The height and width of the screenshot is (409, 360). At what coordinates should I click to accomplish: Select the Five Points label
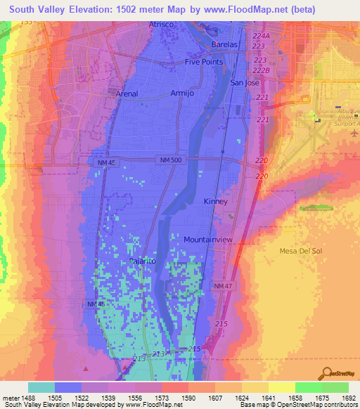(204, 62)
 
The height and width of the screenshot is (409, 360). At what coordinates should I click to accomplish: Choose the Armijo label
(181, 93)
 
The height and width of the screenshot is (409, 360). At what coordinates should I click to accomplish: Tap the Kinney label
(215, 202)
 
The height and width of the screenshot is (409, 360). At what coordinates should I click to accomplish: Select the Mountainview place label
(208, 240)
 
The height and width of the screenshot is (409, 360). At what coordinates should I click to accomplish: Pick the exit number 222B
(261, 70)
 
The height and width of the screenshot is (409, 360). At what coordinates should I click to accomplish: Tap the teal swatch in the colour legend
(41, 387)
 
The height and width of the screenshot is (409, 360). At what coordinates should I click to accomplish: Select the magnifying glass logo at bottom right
(326, 372)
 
